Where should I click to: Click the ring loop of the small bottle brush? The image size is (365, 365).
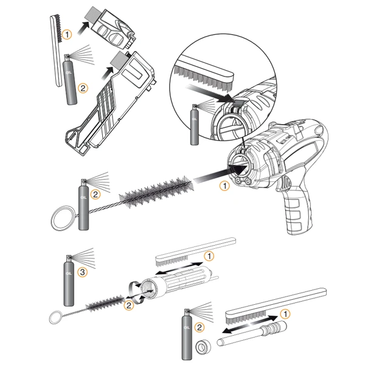click(55, 316)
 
